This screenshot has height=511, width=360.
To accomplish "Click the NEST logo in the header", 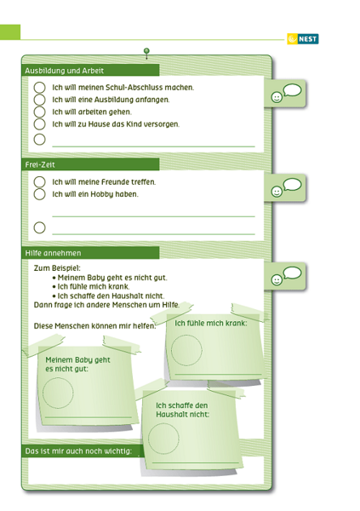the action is (303, 39).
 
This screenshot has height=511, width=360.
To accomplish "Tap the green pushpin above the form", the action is (146, 53).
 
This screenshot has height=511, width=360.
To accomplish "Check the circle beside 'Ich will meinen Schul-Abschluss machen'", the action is (39, 88).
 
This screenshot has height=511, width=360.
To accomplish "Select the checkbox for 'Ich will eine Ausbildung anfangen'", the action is (39, 100).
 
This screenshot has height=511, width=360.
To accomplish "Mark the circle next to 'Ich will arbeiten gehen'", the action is (39, 112).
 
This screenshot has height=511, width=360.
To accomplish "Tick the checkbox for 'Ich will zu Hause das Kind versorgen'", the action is (39, 124).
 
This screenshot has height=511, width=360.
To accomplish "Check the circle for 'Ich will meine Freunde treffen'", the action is (39, 182).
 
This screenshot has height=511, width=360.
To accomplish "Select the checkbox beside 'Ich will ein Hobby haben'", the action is (39, 194).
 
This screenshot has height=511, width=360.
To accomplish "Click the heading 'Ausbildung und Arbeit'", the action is (64, 71).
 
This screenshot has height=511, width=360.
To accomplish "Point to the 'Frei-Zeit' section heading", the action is (40, 165).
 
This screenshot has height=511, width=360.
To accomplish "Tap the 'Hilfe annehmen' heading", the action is (53, 253).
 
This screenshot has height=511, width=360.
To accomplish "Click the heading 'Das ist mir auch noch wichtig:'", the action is (78, 451).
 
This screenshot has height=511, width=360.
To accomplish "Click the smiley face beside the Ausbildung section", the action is (277, 97).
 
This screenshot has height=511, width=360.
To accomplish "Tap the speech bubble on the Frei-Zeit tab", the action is (292, 185).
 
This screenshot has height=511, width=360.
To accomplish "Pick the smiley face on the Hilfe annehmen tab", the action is (277, 279).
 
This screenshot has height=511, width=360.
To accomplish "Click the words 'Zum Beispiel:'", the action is (57, 268).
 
